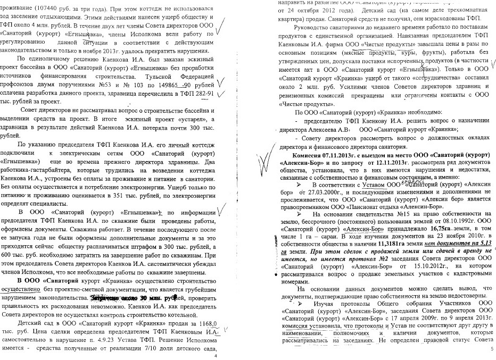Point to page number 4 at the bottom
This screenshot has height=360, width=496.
(x=216, y=355)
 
